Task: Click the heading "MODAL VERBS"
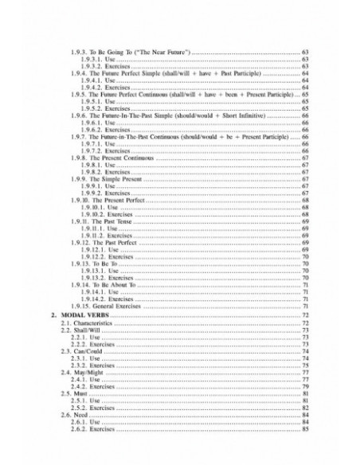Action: pyautogui.click(x=86, y=316)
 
